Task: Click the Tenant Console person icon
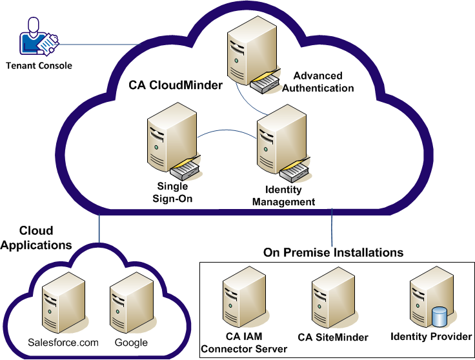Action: click(37, 38)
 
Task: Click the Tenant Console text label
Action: click(39, 66)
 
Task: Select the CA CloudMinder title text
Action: click(167, 85)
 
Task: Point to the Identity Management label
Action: click(283, 196)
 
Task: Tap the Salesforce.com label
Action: click(63, 343)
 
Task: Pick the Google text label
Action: click(131, 343)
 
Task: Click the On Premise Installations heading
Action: click(333, 252)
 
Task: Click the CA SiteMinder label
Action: click(333, 337)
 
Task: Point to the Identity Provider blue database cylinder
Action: click(439, 316)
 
